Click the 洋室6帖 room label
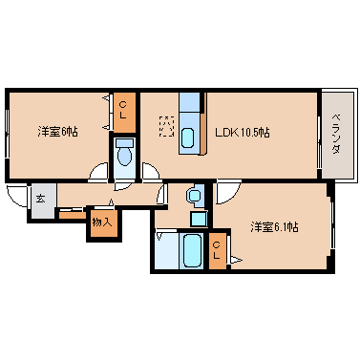point(57,131)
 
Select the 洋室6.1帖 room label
point(274,226)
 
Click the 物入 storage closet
point(102,222)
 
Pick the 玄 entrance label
point(41,201)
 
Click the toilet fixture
point(124,156)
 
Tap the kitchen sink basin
point(188,137)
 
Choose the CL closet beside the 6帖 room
point(125,112)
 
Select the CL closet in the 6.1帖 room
point(218,251)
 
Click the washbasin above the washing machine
point(195,196)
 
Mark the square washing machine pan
point(198,218)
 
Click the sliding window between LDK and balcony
point(318,134)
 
